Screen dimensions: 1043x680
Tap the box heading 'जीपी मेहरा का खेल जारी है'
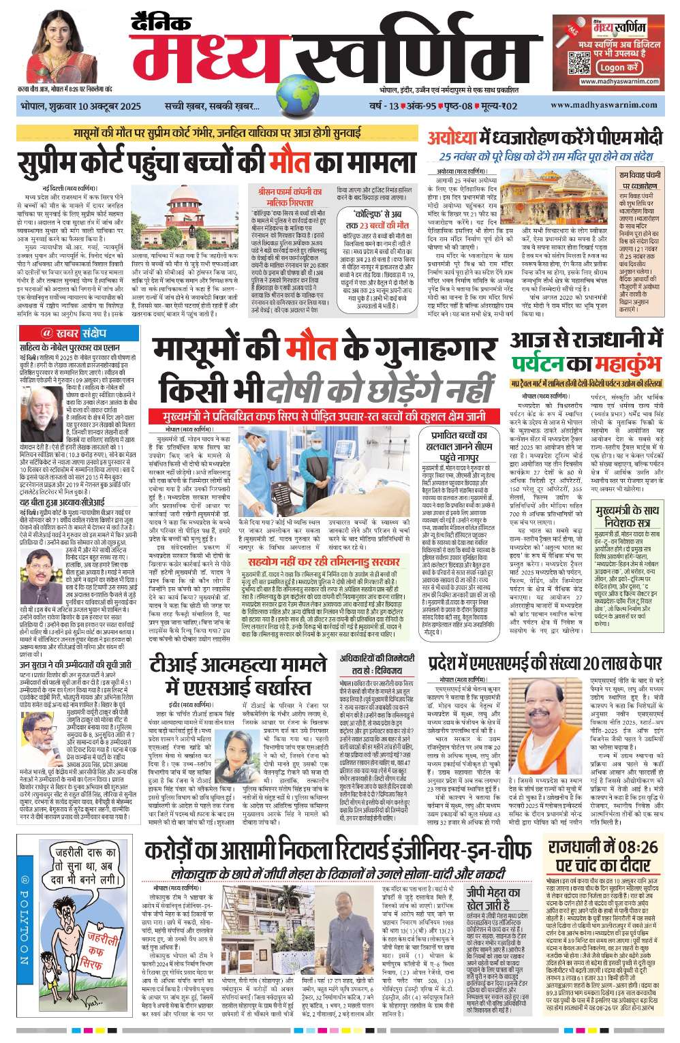pyautogui.click(x=493, y=899)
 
